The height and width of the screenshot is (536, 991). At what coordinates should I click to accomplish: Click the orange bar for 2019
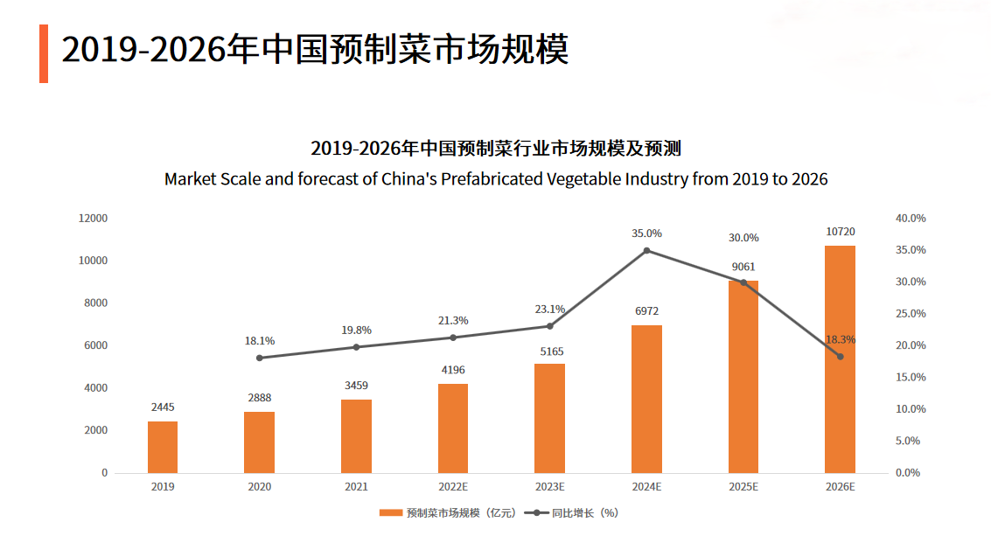[x=163, y=447]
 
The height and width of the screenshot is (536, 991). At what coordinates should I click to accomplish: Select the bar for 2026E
[x=840, y=358]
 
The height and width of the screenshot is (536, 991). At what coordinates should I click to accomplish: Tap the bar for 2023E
[x=549, y=418]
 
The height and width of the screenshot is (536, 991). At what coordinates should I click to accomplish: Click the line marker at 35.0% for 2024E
[x=646, y=251]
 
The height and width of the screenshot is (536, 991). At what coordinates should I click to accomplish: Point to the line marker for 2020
[x=260, y=358]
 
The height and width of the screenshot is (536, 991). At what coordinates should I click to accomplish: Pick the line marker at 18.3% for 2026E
[x=840, y=357]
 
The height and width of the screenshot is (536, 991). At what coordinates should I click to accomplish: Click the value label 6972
[x=646, y=310]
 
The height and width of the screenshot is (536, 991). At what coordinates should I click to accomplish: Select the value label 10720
[x=840, y=232]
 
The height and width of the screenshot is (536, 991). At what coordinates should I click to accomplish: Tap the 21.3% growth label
[x=453, y=321]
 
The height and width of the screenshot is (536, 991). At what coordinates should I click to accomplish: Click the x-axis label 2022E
[x=453, y=487]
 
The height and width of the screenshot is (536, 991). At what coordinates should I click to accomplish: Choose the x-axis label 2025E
[x=743, y=487]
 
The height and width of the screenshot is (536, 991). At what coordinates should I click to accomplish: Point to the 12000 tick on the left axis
[x=93, y=218]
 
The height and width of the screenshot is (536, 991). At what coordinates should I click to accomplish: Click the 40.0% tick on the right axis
[x=911, y=218]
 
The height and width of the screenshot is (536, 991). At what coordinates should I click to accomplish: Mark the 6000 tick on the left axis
[x=95, y=345]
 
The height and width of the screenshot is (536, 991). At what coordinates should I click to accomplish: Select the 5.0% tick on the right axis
[x=908, y=441]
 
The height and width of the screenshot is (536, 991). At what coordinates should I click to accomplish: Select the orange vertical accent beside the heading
[x=44, y=53]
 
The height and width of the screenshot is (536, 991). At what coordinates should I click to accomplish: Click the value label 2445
[x=163, y=407]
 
